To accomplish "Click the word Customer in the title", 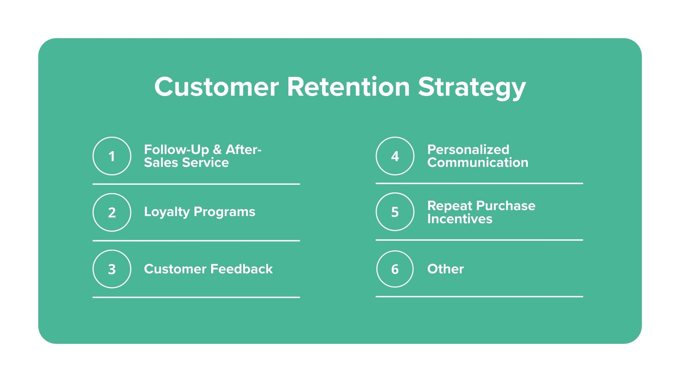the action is tap(216, 87).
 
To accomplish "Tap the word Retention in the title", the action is tap(348, 87).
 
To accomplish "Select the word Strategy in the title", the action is tap(472, 88).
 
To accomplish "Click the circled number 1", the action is tap(112, 156).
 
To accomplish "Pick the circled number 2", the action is tap(112, 212).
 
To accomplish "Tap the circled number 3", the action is tap(112, 269).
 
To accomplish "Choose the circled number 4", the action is tap(395, 156).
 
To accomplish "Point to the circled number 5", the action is tap(395, 212).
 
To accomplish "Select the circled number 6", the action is tap(395, 269).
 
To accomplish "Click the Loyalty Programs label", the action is tap(199, 212).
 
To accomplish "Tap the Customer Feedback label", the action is tap(208, 269).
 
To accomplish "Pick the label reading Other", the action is tap(445, 269).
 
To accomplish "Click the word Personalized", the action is tap(468, 149).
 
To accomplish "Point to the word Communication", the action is tap(478, 163).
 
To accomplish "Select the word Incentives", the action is tap(459, 219).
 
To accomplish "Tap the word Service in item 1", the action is tap(205, 163).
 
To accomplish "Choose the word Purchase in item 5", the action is tap(506, 206).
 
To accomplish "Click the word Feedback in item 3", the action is tap(241, 269).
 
